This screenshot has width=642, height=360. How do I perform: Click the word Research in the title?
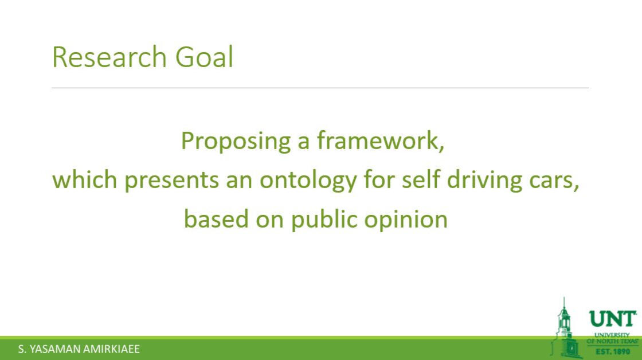pyautogui.click(x=109, y=57)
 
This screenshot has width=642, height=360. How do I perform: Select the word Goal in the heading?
pyautogui.click(x=204, y=57)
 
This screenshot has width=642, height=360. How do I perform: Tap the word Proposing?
pyautogui.click(x=236, y=142)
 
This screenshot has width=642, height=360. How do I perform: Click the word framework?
pyautogui.click(x=381, y=140)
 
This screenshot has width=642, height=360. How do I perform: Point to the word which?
pyautogui.click(x=85, y=179)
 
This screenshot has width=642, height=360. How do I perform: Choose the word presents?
pyautogui.click(x=171, y=181)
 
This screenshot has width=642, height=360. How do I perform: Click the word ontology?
pyautogui.click(x=308, y=181)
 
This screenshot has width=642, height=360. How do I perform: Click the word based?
pyautogui.click(x=216, y=219)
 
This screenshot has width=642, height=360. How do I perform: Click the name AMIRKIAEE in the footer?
pyautogui.click(x=111, y=349)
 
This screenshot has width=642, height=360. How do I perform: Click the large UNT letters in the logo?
pyautogui.click(x=613, y=319)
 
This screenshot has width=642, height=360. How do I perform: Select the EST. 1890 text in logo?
pyautogui.click(x=613, y=351)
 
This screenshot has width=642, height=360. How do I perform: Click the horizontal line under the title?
pyautogui.click(x=320, y=88)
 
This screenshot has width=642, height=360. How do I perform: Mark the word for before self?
pyautogui.click(x=379, y=179)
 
